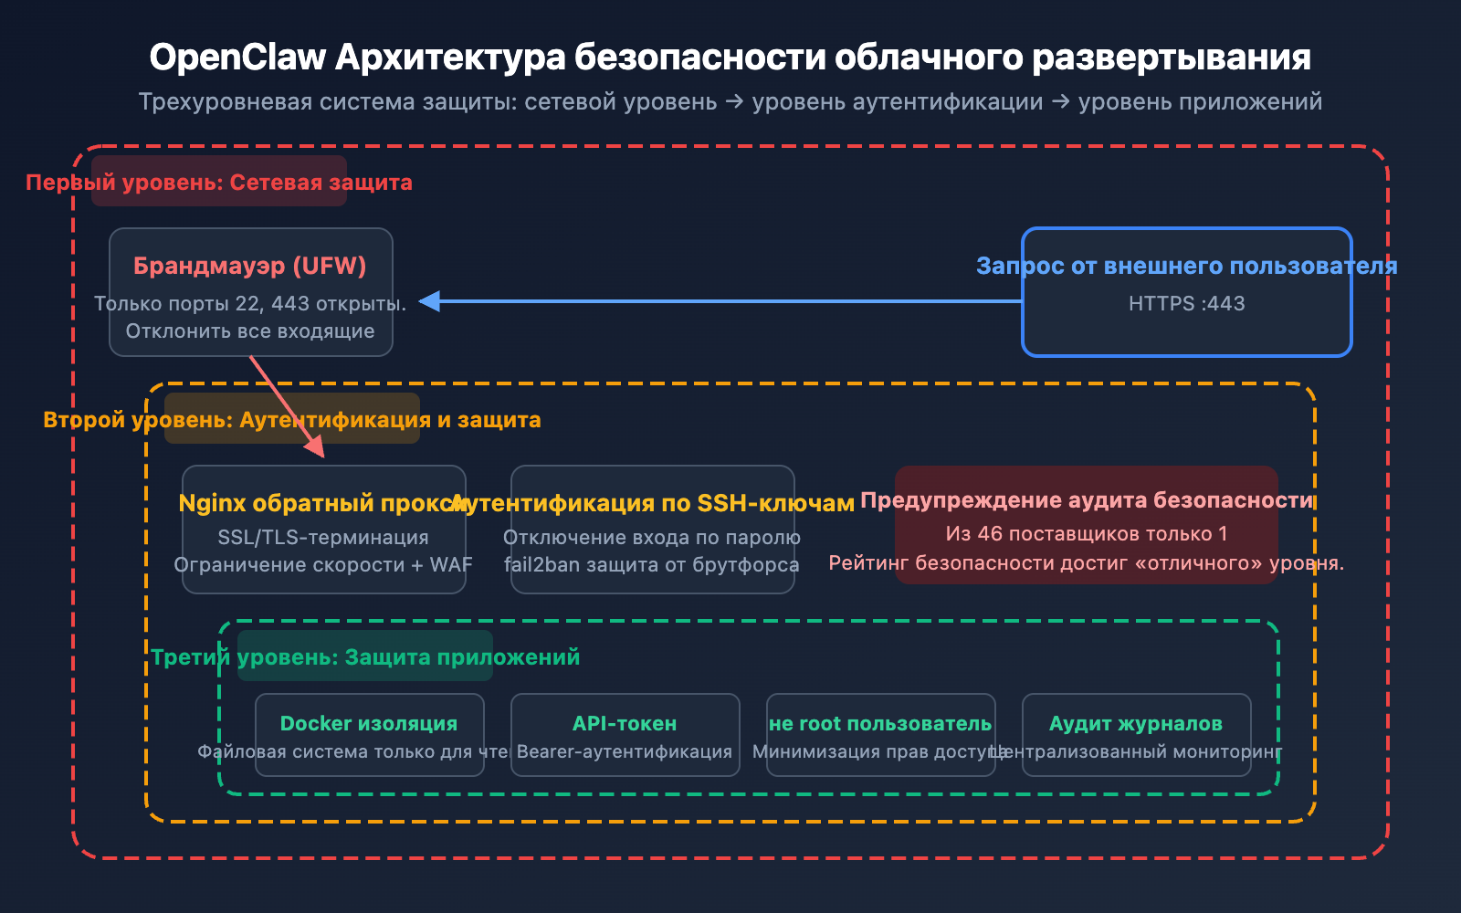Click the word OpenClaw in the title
coord(237,58)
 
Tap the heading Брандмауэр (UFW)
coord(250,266)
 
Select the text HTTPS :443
coord(1186,304)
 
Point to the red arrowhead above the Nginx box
coord(314,445)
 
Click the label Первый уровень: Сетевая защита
coord(219,183)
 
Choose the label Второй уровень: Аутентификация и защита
coord(292,420)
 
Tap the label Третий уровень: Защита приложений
coord(365,657)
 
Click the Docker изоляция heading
coord(369,723)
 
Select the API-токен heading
coord(625,723)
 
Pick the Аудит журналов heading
coord(1136,723)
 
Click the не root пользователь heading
coord(880,723)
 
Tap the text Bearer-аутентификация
coord(625,751)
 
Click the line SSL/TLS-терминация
coord(323,538)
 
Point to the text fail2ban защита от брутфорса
coord(652,565)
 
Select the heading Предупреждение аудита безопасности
coord(1087,500)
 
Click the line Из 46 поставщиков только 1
coord(1087,534)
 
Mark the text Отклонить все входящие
coord(250,331)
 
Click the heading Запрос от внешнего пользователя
coord(1186,266)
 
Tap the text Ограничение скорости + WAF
coord(323,565)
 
